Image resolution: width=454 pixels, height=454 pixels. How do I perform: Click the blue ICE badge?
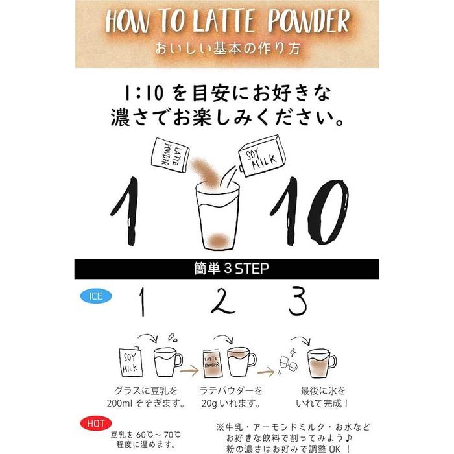pyautogui.click(x=96, y=296)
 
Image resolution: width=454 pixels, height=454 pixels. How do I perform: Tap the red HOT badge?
pyautogui.click(x=96, y=424)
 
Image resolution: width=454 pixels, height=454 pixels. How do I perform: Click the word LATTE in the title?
pyautogui.click(x=223, y=21)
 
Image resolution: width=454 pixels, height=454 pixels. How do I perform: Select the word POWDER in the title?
pyautogui.click(x=308, y=21)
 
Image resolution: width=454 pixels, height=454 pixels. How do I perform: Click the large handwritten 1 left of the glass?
pyautogui.click(x=126, y=211)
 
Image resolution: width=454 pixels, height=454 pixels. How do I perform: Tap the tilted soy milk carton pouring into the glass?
pyautogui.click(x=262, y=156)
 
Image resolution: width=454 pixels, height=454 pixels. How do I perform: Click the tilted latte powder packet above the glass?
pyautogui.click(x=170, y=155)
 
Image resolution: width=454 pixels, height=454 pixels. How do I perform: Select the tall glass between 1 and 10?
pyautogui.click(x=217, y=216)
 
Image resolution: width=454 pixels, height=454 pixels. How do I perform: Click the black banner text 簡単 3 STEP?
pyautogui.click(x=231, y=269)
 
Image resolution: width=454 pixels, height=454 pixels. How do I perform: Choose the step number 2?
pyautogui.click(x=222, y=300)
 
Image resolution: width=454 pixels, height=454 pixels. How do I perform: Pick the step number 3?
pyautogui.click(x=298, y=301)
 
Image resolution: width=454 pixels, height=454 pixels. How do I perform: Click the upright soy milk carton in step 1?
pyautogui.click(x=131, y=362)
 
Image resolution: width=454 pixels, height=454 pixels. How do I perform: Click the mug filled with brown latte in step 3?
pyautogui.click(x=321, y=363)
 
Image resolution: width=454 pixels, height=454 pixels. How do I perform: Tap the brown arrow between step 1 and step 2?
pyautogui.click(x=189, y=370)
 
